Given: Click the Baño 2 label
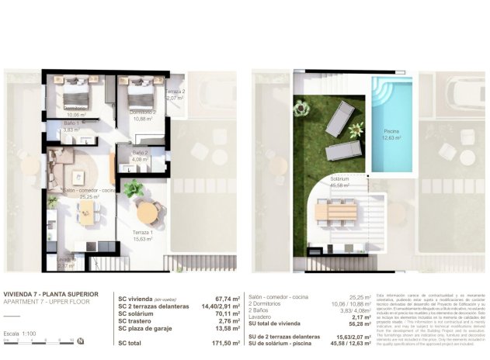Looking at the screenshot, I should [140, 153].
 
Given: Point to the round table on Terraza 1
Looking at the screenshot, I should [146, 210].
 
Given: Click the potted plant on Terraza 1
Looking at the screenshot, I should [134, 189].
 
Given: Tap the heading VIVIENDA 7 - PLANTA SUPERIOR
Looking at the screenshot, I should [50, 294].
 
